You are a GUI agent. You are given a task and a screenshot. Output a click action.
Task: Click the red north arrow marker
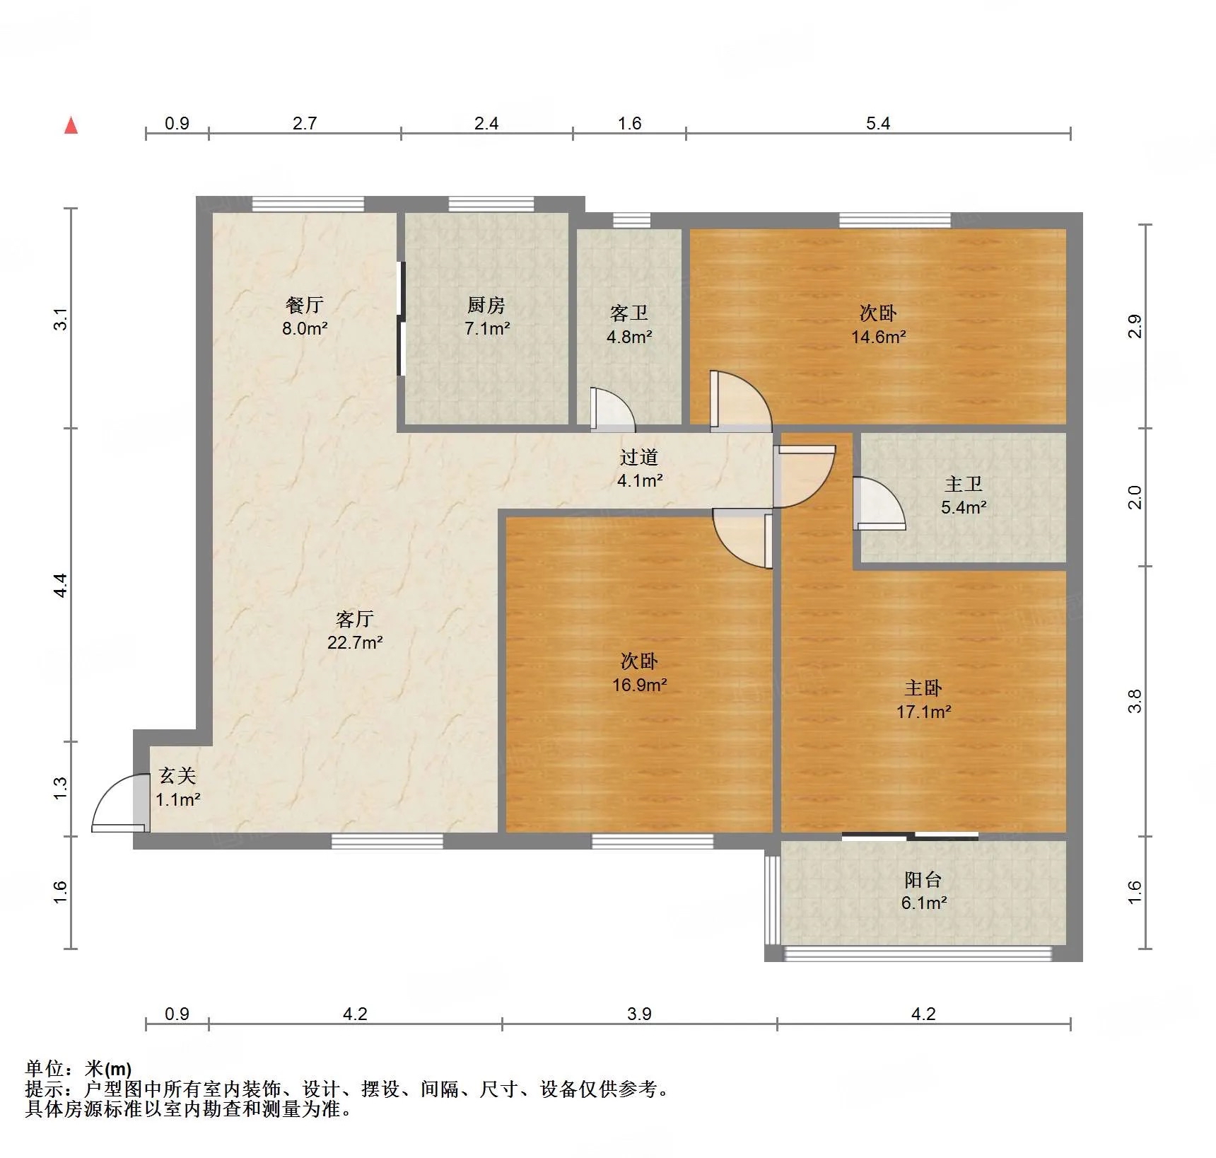coord(71,126)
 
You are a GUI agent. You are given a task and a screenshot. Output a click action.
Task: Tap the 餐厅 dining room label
coord(305,305)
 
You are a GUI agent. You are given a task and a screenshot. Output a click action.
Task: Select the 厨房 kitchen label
coord(486,305)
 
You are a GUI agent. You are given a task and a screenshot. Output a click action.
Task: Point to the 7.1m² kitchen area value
coord(487,328)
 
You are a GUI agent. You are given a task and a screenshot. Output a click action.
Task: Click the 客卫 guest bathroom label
coord(629,313)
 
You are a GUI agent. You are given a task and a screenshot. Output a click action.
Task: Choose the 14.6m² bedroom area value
coord(878,337)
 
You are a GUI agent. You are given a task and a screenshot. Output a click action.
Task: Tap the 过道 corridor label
coord(639,458)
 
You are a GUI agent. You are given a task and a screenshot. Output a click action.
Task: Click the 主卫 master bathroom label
coord(964,484)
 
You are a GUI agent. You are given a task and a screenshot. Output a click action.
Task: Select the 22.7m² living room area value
coord(355,642)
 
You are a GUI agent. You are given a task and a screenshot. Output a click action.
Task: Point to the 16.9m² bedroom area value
coord(640,684)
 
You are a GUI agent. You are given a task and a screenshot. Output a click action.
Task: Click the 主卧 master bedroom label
coord(923,688)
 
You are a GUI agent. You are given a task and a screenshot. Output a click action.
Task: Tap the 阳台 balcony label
coord(923,879)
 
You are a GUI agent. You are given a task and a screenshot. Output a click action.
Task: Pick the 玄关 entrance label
coord(177,776)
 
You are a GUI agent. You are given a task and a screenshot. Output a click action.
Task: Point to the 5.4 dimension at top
coord(878,123)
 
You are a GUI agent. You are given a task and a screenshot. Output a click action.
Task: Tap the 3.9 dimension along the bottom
coord(639,1014)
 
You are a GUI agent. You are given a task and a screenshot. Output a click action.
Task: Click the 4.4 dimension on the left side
coord(61,585)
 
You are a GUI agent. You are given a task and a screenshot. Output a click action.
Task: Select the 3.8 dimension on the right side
coord(1135,701)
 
